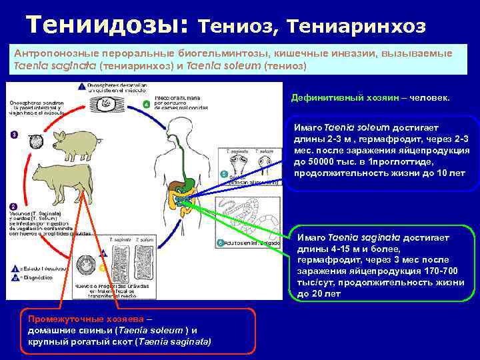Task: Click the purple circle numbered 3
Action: coord(14,135)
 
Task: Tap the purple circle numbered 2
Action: coord(13,208)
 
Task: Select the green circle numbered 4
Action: coord(147,105)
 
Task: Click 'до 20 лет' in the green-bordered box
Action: coord(319,293)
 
